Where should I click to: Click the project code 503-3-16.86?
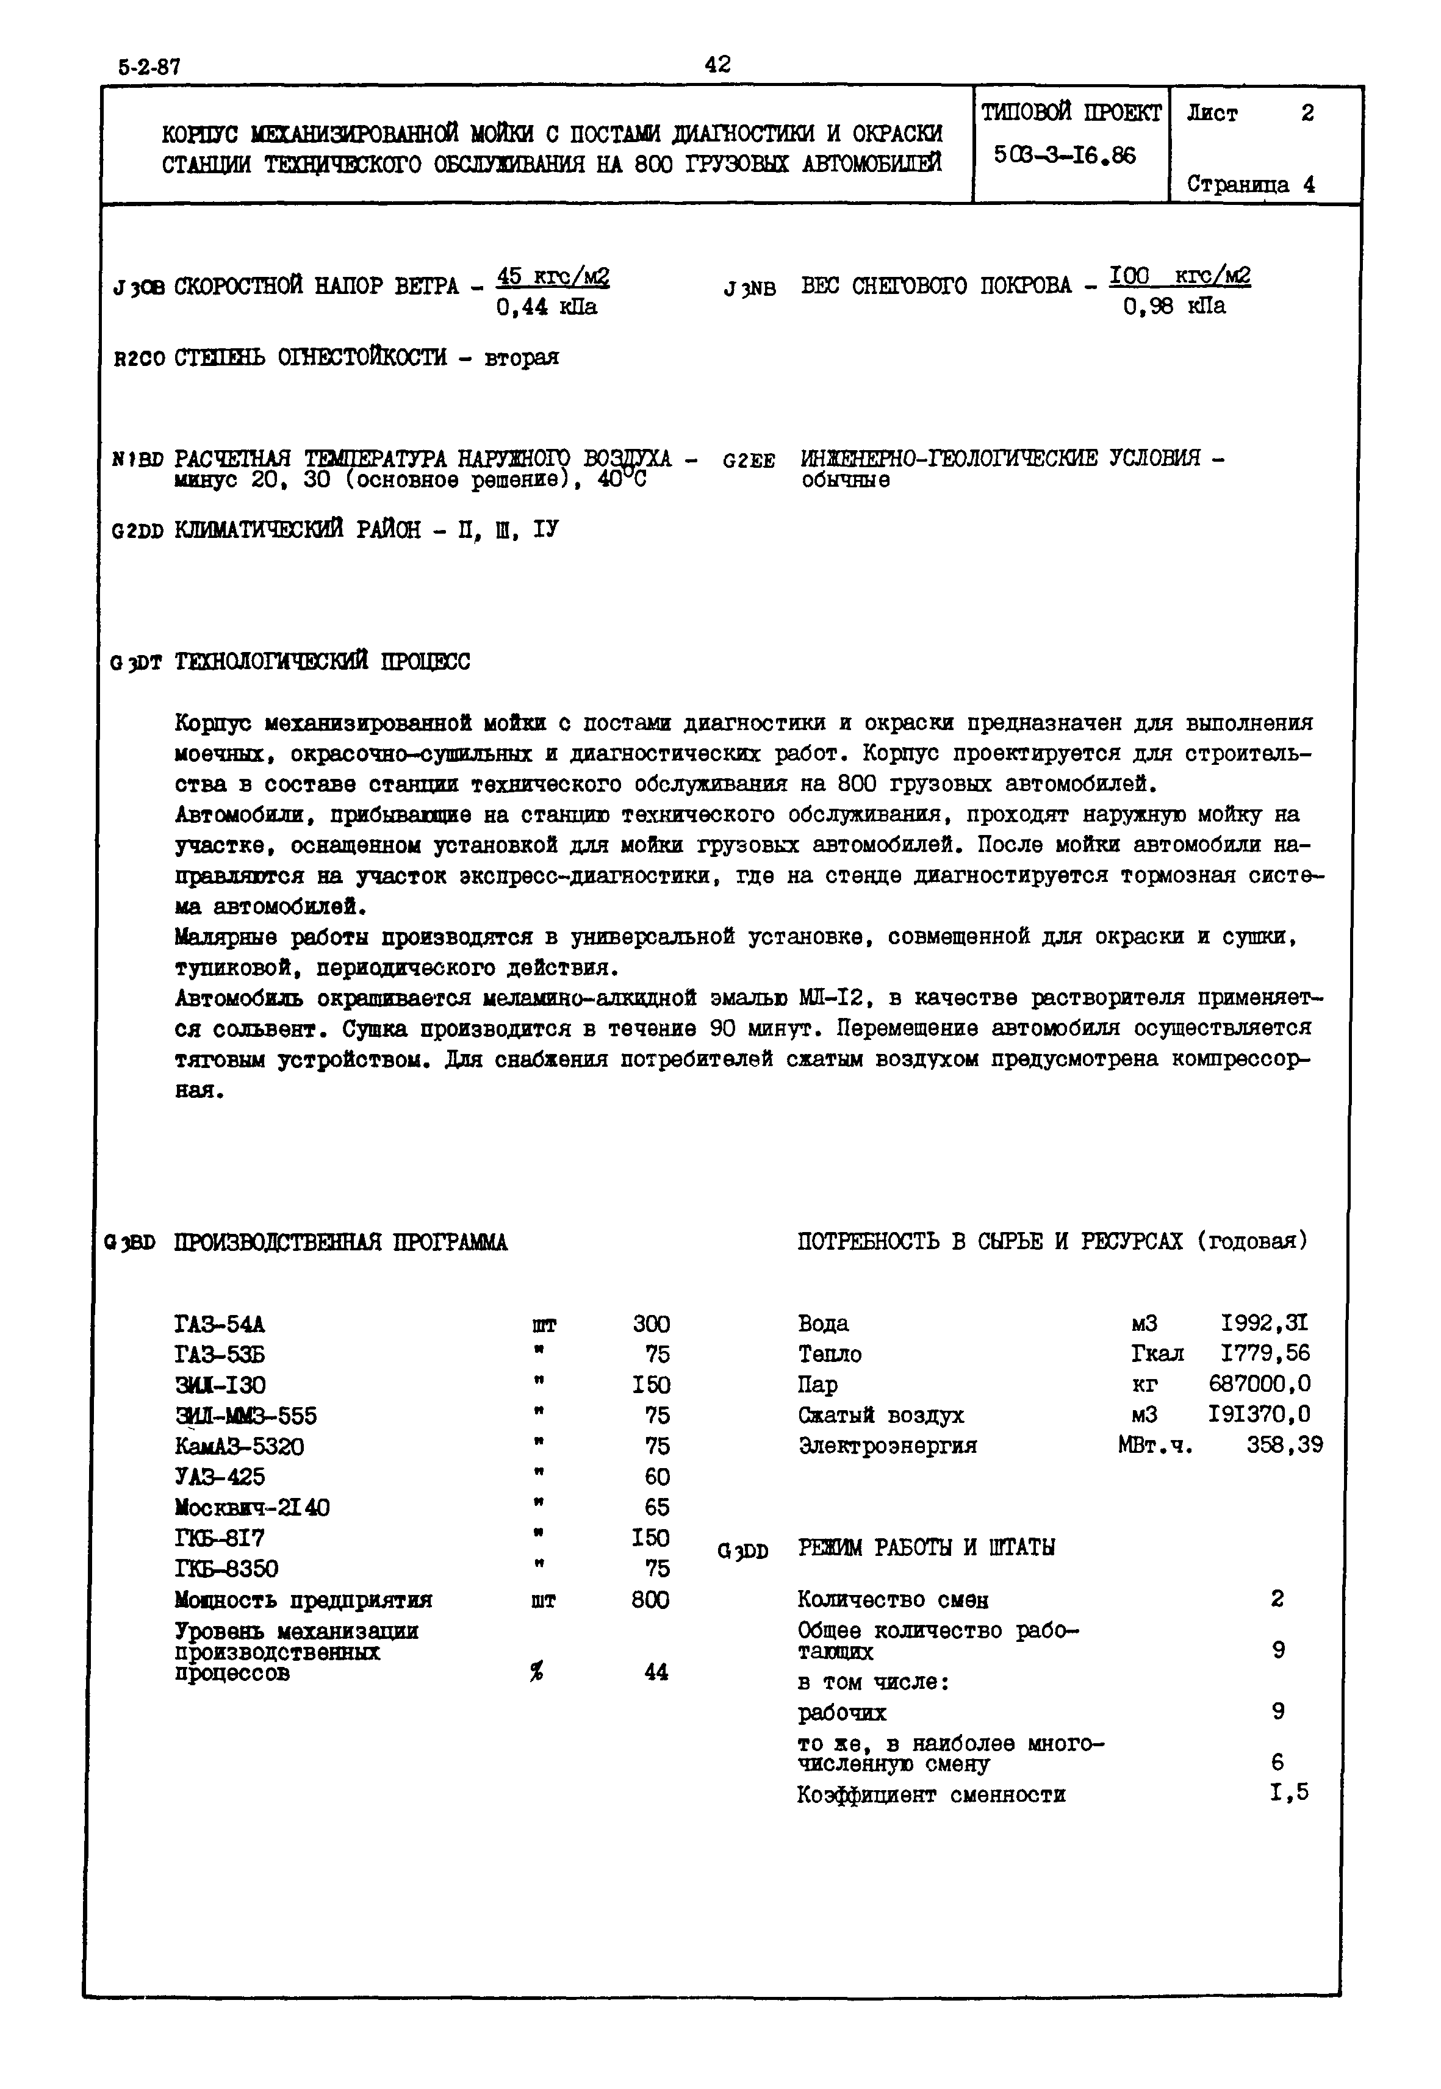[1065, 156]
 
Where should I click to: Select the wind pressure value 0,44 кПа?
[546, 308]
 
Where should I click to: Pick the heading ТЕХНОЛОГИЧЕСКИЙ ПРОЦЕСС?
[322, 662]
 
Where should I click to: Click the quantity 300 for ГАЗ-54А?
[650, 1324]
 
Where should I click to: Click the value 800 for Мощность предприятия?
[650, 1600]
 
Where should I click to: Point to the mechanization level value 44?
[656, 1672]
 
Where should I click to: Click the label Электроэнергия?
[888, 1446]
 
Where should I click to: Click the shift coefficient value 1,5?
[1288, 1793]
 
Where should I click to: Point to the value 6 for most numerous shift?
[1277, 1762]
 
